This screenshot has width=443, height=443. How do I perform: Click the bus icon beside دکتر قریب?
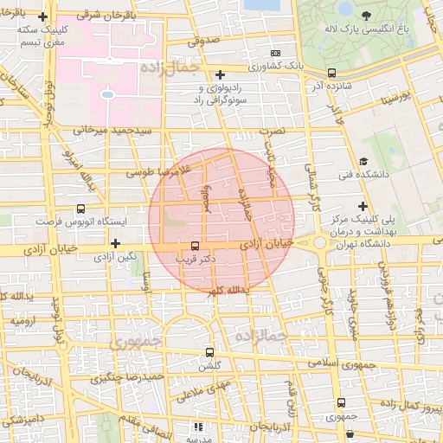[194, 246]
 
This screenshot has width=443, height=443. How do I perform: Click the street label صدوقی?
[203, 40]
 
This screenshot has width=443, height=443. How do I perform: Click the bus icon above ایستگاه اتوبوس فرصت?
[80, 209]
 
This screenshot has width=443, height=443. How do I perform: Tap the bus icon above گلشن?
[209, 352]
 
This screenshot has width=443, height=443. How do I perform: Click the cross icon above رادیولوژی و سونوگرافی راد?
[221, 74]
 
